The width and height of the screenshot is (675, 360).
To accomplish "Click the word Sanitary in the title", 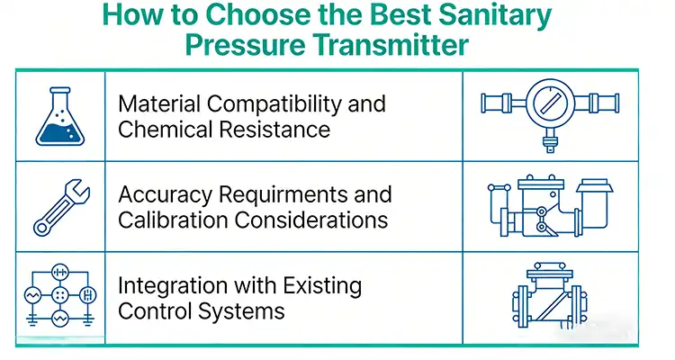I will (491, 15).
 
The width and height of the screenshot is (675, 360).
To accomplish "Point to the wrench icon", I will (60, 207).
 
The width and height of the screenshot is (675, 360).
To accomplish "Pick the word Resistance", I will (278, 129).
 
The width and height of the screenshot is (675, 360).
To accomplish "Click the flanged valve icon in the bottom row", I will (550, 296).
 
